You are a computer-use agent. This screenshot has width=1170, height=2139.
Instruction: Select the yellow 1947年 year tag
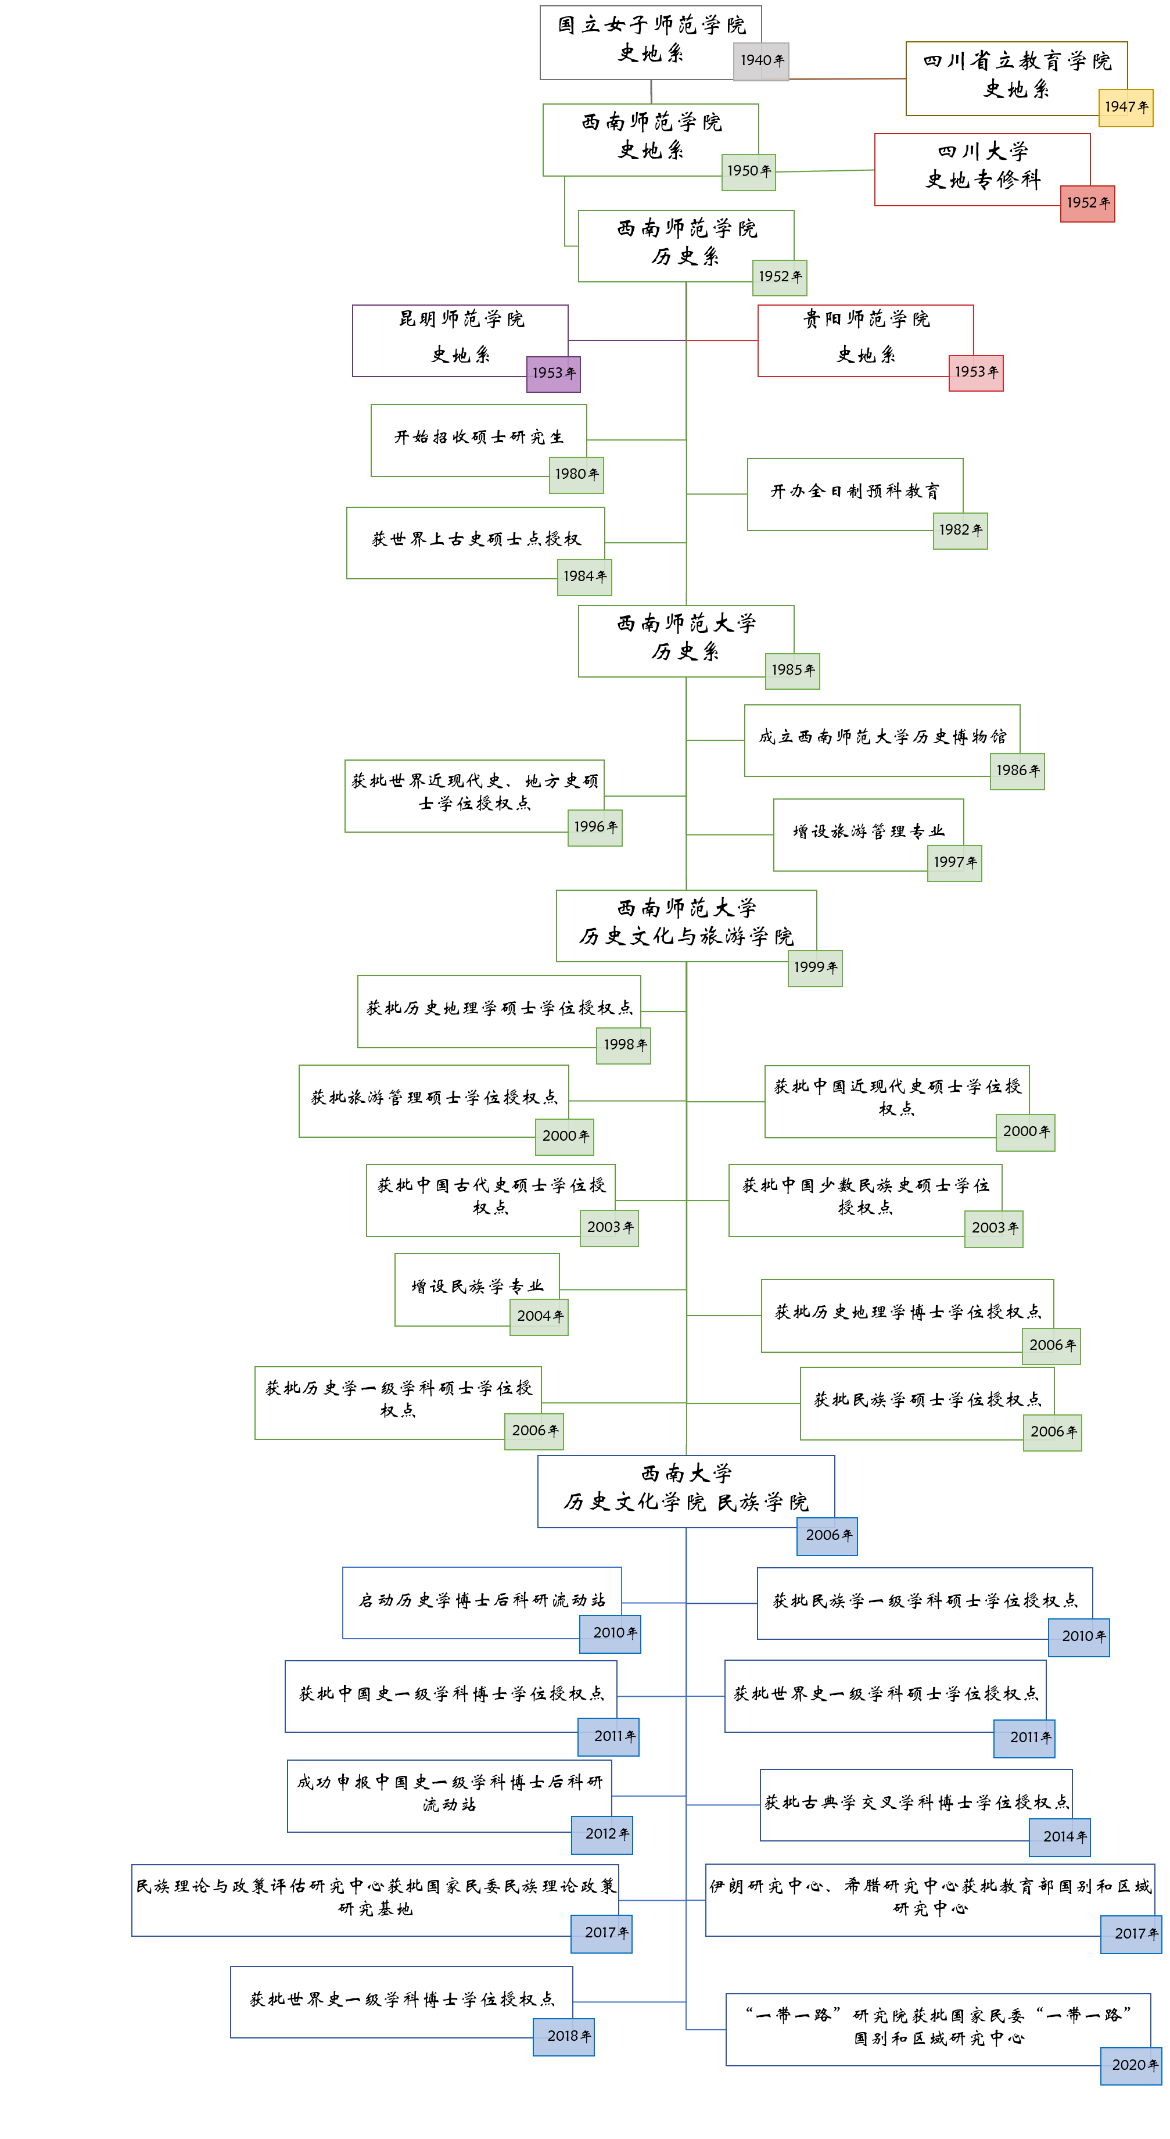(1125, 107)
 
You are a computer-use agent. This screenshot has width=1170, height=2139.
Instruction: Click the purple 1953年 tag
(553, 374)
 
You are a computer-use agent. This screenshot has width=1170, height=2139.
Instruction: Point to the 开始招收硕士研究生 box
(478, 437)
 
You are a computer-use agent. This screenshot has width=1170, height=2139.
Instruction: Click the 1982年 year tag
(960, 531)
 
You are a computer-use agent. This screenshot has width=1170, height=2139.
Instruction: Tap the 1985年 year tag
(792, 670)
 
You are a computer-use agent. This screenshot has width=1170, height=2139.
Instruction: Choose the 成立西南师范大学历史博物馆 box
(881, 736)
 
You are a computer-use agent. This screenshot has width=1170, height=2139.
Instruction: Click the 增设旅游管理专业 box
(868, 831)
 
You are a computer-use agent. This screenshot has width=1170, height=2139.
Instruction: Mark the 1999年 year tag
(814, 968)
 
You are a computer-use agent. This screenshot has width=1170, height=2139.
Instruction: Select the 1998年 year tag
(623, 1045)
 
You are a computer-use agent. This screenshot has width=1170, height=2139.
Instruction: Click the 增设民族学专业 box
(476, 1286)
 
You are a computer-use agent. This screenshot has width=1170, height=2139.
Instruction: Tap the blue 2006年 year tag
(827, 1535)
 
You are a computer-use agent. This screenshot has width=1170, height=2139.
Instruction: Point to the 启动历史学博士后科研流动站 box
(482, 1599)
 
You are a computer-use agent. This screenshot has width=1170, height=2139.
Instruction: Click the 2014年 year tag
(1060, 1837)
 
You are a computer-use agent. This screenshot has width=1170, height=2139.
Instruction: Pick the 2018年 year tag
(564, 2036)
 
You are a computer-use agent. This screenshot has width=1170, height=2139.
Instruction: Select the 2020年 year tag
(1131, 2065)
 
